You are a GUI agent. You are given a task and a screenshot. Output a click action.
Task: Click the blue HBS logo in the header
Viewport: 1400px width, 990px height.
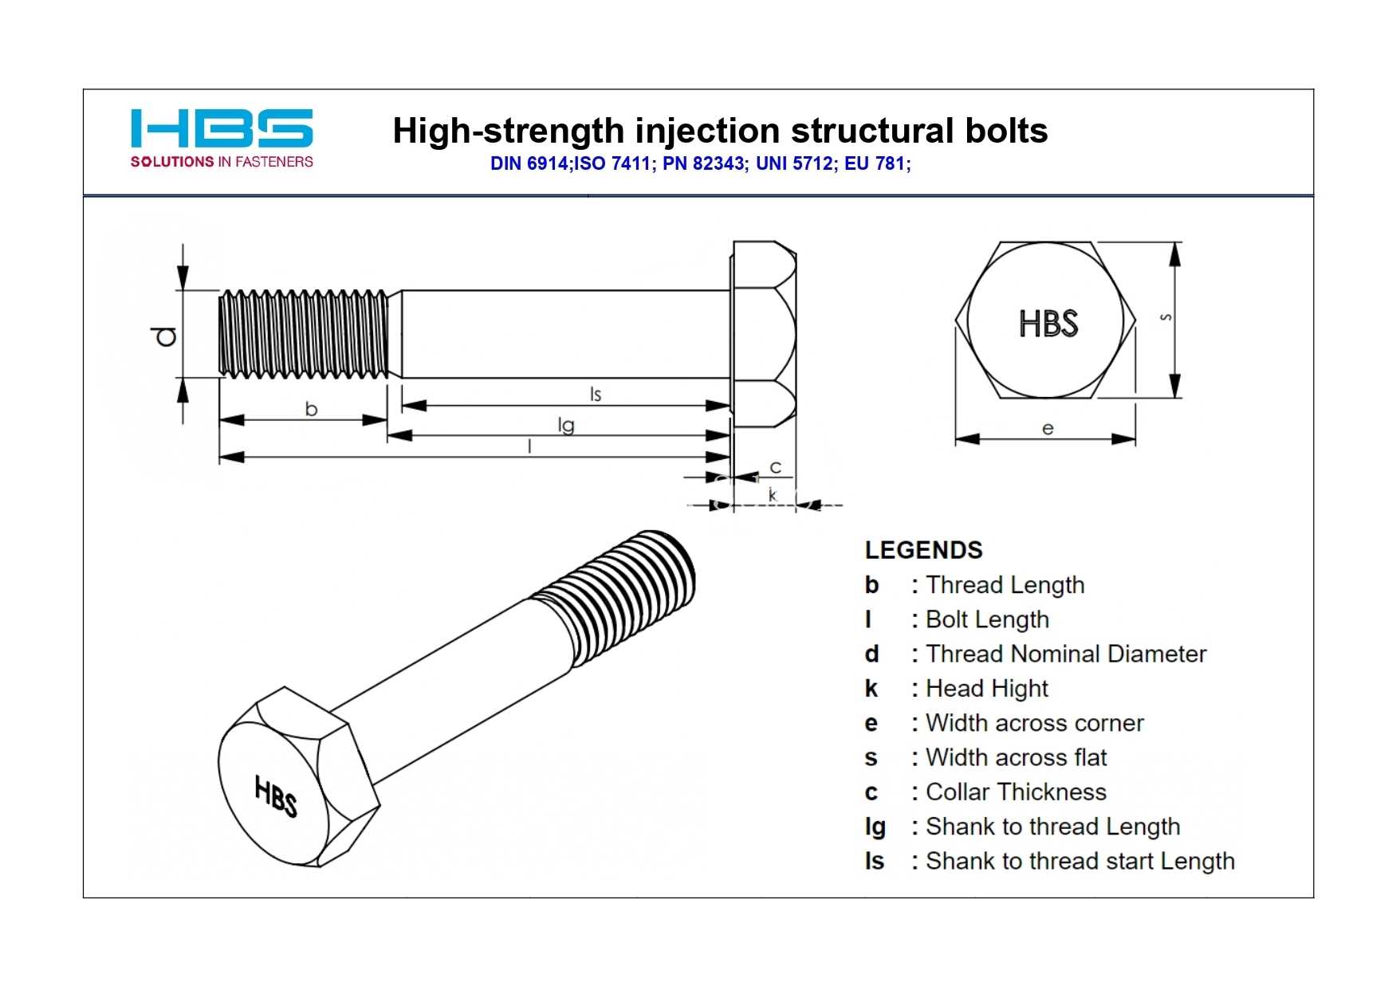tap(222, 128)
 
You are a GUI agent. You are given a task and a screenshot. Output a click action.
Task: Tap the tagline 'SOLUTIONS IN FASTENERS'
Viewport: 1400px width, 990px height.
tap(222, 162)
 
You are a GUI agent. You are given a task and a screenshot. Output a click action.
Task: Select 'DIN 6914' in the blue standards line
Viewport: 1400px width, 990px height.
tap(529, 163)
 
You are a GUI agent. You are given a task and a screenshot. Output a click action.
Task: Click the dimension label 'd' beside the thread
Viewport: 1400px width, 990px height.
tap(166, 336)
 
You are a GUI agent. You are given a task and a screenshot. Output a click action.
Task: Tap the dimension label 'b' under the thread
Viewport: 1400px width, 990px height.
tap(311, 409)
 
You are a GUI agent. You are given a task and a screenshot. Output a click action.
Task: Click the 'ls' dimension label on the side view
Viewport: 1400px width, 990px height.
tap(595, 394)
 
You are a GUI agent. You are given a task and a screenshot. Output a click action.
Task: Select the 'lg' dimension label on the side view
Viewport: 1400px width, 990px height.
tap(566, 426)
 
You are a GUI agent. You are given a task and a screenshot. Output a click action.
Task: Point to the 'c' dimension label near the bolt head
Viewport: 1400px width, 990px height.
tap(775, 467)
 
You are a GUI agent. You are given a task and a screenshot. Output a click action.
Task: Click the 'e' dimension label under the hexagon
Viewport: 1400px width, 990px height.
tap(1048, 429)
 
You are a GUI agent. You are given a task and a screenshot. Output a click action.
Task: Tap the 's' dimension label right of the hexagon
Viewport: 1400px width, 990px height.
tap(1166, 317)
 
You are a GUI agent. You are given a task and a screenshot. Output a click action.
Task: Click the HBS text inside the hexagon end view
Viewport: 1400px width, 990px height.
tap(1048, 324)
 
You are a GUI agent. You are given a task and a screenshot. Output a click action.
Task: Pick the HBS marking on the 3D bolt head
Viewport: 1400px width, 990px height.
tap(276, 796)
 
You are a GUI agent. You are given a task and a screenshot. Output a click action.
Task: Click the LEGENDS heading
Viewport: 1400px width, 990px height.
tap(923, 550)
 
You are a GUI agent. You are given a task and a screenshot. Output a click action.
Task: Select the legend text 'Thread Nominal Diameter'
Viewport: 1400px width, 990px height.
tap(1066, 654)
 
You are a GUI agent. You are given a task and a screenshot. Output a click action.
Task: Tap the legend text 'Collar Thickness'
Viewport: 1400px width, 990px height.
tap(1017, 792)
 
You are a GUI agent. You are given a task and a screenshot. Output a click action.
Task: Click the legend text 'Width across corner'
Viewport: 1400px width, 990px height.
tap(1035, 723)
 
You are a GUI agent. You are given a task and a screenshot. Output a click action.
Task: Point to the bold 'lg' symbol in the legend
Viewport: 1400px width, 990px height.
tap(875, 827)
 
